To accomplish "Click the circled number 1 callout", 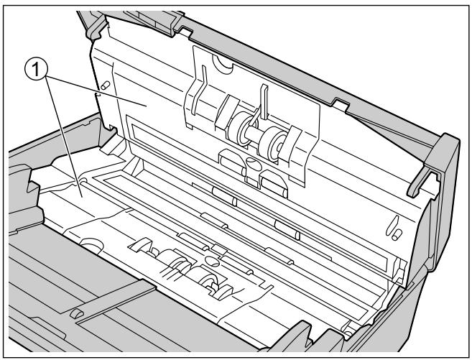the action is tap(36, 70).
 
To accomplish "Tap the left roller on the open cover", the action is tap(240, 129).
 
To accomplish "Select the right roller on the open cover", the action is tap(272, 143).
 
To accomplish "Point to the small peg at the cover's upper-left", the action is tap(105, 86).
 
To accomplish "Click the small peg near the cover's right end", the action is tap(397, 234).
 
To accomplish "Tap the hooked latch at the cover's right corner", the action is tap(422, 180).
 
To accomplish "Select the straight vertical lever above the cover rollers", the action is tap(264, 101).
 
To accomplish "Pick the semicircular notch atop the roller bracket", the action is tap(222, 64).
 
